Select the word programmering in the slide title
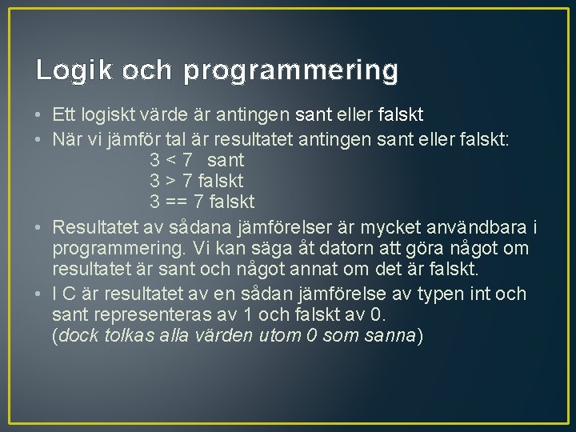pyautogui.click(x=290, y=72)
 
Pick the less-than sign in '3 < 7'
pyautogui.click(x=170, y=160)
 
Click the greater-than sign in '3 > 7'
pyautogui.click(x=170, y=181)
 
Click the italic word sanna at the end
pyautogui.click(x=390, y=335)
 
